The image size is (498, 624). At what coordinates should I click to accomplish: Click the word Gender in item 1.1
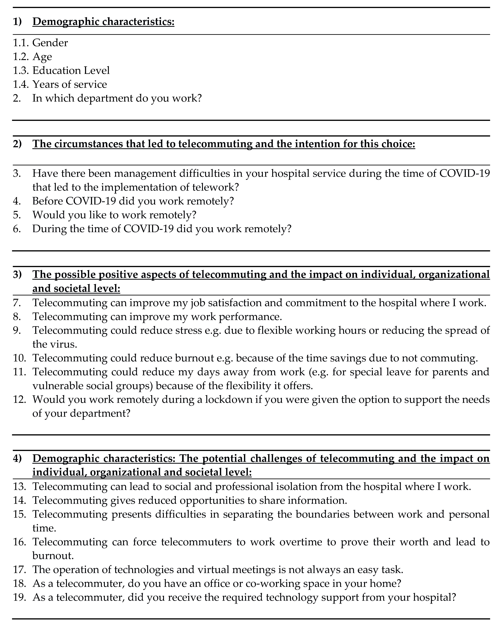pyautogui.click(x=50, y=43)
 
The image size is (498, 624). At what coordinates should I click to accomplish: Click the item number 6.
pyautogui.click(x=17, y=229)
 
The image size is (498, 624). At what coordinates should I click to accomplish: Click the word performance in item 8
pyautogui.click(x=250, y=317)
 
